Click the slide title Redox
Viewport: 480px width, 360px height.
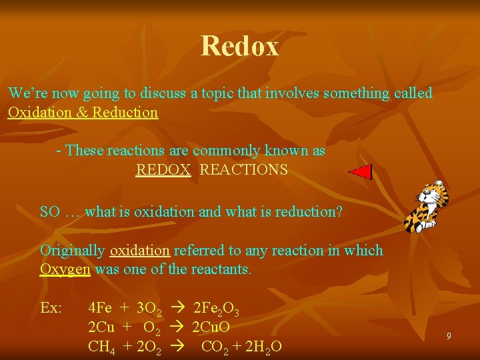(x=239, y=46)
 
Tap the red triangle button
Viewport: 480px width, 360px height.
(x=361, y=171)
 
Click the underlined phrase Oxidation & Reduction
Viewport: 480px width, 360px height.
(x=83, y=112)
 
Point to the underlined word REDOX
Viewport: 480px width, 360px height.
(x=163, y=170)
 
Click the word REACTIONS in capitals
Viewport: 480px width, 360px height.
(x=244, y=170)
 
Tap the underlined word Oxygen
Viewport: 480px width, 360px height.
(x=65, y=270)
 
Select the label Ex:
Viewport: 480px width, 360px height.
(x=51, y=308)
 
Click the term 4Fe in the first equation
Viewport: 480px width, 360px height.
(x=100, y=308)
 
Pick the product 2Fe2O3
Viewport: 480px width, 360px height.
(x=216, y=309)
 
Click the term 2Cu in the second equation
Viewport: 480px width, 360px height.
(x=102, y=327)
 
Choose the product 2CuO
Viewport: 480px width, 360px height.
(x=211, y=327)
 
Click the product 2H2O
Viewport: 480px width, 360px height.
(x=259, y=347)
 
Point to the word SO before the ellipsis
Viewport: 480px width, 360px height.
(x=50, y=212)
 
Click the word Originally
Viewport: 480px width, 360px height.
(x=72, y=251)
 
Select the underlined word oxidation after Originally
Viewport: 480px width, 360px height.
(x=140, y=251)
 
